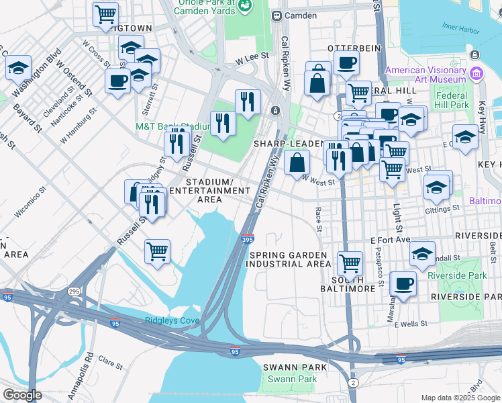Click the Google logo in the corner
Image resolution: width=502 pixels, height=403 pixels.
pos(21,395)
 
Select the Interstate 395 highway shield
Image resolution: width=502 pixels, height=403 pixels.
pos(248,238)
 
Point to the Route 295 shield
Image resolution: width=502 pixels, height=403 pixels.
pos(74,291)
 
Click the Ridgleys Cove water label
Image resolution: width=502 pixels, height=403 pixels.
pos(172,320)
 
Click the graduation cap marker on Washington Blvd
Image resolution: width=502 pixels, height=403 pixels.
pos(18,68)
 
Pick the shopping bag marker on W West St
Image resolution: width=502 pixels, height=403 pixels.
pos(296,162)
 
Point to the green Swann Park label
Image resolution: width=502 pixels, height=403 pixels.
pos(291,379)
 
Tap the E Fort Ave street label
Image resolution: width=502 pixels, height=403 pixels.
pos(390,240)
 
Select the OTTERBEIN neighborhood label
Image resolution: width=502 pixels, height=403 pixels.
pos(354,48)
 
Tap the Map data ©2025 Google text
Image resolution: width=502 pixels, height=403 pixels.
pos(460,398)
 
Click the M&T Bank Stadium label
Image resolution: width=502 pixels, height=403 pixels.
pos(172,126)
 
